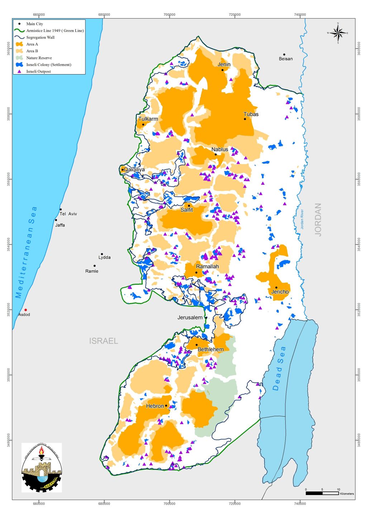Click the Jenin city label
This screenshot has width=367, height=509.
point(224,64)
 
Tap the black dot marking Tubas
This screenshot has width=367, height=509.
point(245,119)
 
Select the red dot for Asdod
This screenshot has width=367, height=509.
point(25,310)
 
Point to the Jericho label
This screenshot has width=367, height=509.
point(280,292)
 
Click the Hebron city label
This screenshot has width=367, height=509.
point(155,406)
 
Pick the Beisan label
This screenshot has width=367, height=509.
point(286,59)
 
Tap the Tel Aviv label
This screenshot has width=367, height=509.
point(68,214)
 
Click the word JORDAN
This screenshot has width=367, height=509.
point(318,219)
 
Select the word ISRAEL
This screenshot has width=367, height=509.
point(104,341)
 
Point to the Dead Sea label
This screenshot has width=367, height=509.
point(279,368)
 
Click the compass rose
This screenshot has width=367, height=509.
point(338,33)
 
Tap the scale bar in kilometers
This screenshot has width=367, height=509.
point(322,493)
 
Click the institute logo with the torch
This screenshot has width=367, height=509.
point(42,467)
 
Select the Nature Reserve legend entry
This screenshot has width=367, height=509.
point(39,58)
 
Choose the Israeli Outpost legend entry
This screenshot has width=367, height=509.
point(38,71)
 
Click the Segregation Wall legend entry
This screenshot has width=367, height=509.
point(40,37)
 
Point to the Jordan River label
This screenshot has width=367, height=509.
point(302,219)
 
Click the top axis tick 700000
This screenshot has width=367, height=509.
point(169,15)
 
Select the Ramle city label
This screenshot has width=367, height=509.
point(92,271)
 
